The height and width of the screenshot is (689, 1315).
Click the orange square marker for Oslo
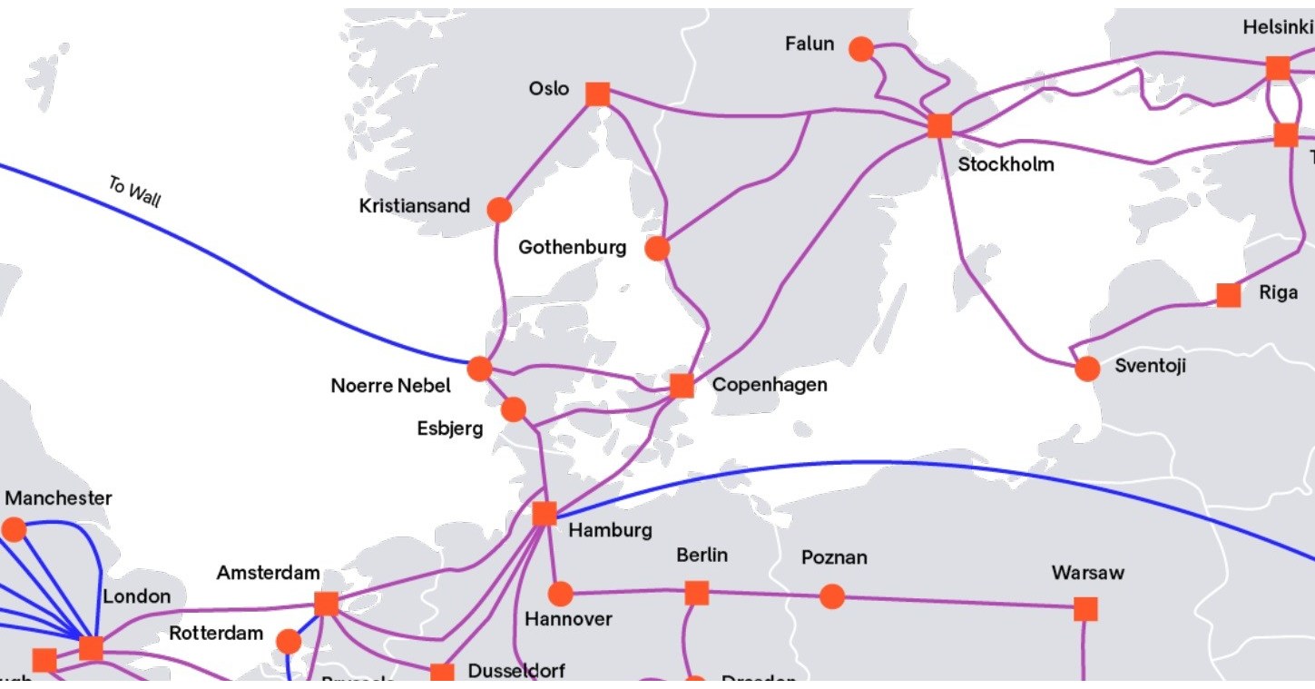[x=597, y=94]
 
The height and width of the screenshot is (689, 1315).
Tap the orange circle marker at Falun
[x=860, y=49]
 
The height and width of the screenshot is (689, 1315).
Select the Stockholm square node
[x=939, y=125]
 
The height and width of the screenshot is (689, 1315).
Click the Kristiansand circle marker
[x=499, y=210]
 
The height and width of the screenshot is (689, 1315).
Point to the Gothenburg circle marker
[x=657, y=248]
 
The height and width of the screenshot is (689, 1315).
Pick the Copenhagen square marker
[x=682, y=386]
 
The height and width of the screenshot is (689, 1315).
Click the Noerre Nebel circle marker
[x=479, y=369]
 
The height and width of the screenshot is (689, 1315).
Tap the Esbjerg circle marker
[x=513, y=409]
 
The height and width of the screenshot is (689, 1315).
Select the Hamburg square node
[x=544, y=514]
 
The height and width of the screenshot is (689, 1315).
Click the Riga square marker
[x=1228, y=295]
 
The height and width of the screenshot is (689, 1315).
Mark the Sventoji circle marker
[x=1086, y=369]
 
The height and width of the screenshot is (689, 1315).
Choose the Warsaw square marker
[x=1085, y=608]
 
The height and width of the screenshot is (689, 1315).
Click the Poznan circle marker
[x=831, y=596]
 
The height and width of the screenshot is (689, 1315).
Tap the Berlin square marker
[x=696, y=593]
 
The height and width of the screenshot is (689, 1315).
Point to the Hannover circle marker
[x=561, y=595]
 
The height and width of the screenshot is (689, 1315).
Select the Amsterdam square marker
[x=326, y=604]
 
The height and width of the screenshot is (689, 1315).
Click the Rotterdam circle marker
[x=289, y=642]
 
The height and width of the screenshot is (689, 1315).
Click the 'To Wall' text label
[x=134, y=192]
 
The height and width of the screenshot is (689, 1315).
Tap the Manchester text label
[x=59, y=498]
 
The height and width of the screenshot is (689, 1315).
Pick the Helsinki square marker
[x=1277, y=68]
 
